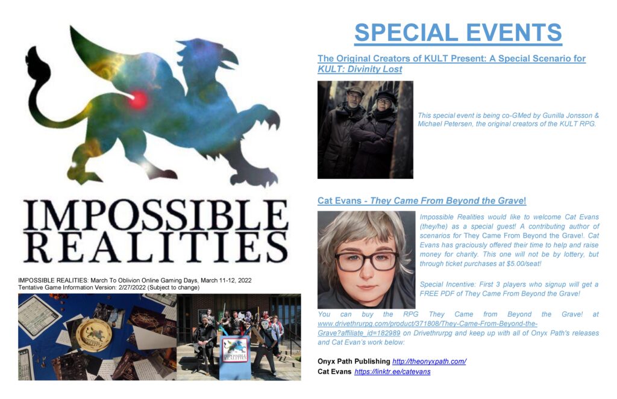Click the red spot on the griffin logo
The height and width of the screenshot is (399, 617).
(138, 99)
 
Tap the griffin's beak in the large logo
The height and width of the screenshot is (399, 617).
(231, 60)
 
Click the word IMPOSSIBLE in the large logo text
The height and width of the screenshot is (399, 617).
(155, 215)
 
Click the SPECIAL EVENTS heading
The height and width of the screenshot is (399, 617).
(458, 32)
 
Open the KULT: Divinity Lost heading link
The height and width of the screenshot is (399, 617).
(451, 64)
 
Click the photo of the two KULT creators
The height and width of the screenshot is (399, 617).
(365, 130)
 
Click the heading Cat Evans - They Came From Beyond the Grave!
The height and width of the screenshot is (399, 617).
(422, 200)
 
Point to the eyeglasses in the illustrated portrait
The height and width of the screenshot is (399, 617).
(367, 261)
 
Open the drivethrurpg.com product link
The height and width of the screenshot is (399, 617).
(427, 328)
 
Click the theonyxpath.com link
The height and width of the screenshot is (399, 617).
(429, 361)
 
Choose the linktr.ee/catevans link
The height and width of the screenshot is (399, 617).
(392, 371)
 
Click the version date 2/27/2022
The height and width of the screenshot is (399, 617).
(132, 287)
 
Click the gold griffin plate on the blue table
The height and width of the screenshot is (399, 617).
(93, 335)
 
